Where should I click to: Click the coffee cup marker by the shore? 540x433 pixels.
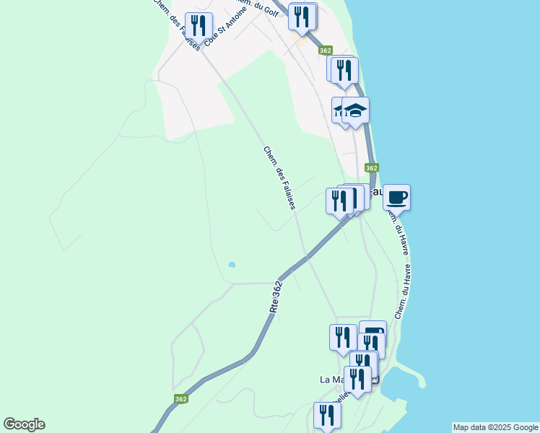pos(396,197)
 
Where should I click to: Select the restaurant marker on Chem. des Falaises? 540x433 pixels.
pos(197,26)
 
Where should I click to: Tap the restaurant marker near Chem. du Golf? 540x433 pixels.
pos(301,17)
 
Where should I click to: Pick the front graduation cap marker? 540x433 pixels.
pos(355,111)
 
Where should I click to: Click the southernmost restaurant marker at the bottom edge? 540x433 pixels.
pos(327,416)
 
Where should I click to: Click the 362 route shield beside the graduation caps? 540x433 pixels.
pos(371,167)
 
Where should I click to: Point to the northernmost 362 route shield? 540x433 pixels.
pos(325,51)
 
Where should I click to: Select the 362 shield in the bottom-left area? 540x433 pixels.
pos(181,398)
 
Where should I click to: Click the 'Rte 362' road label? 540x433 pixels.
pos(276,297)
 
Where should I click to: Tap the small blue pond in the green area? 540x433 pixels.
pos(232,265)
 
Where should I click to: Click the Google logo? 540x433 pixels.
pos(24,424)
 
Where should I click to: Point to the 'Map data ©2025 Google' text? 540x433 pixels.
pos(495,427)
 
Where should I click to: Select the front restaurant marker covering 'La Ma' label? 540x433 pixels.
pos(357,379)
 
